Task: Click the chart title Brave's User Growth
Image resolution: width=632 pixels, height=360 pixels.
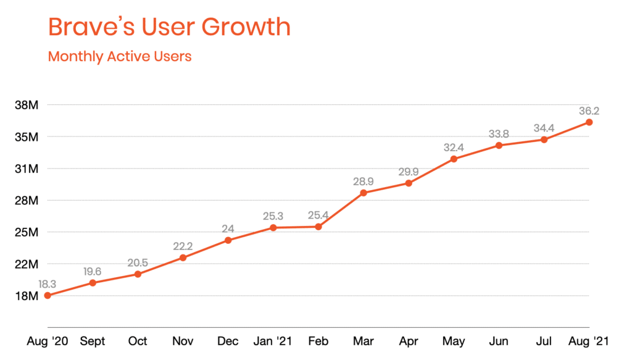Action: click(169, 28)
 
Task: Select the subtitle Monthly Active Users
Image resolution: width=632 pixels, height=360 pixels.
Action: click(120, 56)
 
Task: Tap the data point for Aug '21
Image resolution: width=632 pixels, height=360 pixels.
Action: click(589, 122)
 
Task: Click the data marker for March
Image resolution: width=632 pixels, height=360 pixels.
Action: click(364, 193)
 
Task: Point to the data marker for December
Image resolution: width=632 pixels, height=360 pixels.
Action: click(228, 240)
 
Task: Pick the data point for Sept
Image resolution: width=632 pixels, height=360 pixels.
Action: click(93, 283)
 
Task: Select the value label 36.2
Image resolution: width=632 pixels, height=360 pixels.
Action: click(589, 111)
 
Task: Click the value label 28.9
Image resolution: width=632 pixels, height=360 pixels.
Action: click(364, 182)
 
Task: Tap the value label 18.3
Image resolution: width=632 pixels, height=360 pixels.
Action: click(48, 284)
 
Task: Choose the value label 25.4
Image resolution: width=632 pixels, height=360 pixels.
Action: click(318, 216)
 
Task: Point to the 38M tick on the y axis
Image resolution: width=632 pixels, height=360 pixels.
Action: click(27, 105)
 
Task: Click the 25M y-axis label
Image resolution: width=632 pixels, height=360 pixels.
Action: click(27, 232)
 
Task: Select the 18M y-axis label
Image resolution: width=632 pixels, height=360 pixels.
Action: click(27, 296)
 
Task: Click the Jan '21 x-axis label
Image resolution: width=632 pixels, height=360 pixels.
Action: click(273, 341)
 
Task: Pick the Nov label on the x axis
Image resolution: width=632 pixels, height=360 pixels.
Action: click(183, 341)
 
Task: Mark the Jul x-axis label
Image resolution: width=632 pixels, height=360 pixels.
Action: click(544, 341)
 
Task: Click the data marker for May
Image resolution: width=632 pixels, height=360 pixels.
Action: click(454, 159)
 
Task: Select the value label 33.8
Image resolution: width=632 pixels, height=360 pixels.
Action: click(499, 134)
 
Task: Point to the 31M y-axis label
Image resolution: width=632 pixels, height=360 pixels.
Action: click(27, 169)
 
